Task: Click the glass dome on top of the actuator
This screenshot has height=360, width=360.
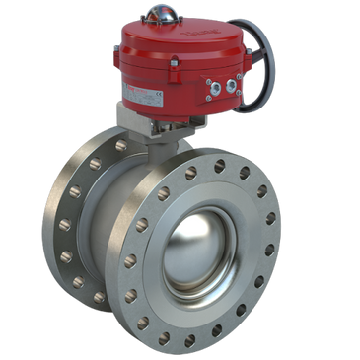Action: click(160, 14)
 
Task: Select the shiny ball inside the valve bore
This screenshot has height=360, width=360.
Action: click(202, 247)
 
